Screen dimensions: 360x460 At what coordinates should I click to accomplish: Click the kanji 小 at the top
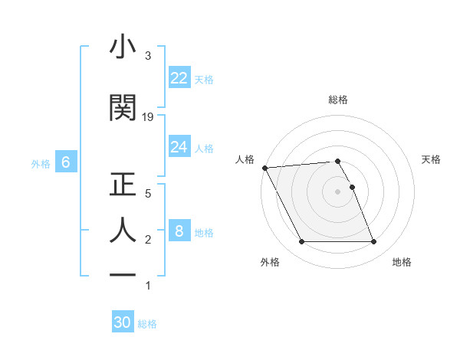(123, 47)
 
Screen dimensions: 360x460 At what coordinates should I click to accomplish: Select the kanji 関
(123, 108)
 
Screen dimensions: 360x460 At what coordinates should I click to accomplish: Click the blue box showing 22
(179, 78)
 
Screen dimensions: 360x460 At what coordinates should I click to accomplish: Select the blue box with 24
(179, 147)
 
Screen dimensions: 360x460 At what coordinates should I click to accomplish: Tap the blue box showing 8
(179, 231)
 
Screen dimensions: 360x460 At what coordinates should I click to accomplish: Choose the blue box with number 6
(66, 162)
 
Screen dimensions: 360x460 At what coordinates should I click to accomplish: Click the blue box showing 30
(123, 322)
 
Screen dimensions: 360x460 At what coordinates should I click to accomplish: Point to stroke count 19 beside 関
(148, 117)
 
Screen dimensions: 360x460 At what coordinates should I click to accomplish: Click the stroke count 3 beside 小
(148, 56)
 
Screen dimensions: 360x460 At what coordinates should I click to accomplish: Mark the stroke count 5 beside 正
(148, 194)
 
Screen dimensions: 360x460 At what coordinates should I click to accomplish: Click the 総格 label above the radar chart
(338, 100)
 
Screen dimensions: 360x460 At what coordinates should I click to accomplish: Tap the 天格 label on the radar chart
(431, 159)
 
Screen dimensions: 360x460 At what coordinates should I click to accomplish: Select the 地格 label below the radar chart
(402, 263)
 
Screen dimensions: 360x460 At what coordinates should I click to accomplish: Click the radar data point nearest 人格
(264, 168)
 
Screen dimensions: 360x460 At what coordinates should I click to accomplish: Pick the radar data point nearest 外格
(301, 242)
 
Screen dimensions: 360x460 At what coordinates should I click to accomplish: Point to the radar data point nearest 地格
(374, 242)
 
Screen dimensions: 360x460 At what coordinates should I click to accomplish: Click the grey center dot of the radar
(338, 191)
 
